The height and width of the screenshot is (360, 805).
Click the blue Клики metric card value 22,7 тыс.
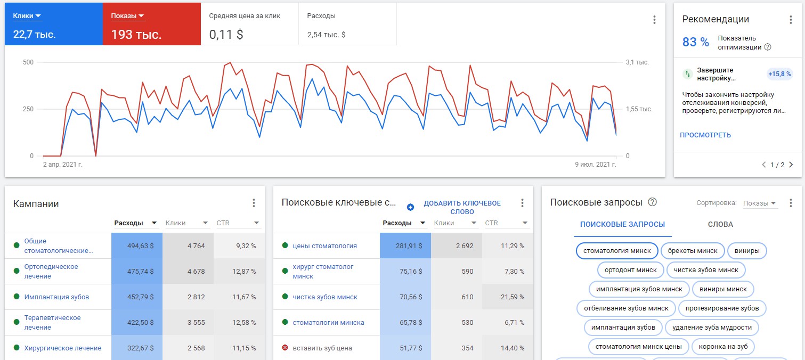coord(34,35)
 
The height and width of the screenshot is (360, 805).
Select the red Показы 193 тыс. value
coord(136,35)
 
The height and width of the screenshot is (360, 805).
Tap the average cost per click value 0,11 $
coord(226,35)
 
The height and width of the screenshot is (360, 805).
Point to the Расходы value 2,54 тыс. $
coord(326,35)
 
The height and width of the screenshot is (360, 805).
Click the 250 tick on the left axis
coord(28,109)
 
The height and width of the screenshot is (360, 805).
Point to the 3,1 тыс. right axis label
coord(637,62)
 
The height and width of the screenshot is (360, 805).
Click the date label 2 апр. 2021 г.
coord(62,165)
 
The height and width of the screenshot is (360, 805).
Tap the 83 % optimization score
coord(695,42)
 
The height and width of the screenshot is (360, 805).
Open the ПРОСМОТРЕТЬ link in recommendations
coord(705,135)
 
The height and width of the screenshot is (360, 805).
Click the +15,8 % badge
coord(779,74)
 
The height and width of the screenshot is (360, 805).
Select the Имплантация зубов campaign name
coord(57,297)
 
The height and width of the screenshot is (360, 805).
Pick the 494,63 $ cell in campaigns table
coord(141,246)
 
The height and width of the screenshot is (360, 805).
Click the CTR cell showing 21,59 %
coord(513,297)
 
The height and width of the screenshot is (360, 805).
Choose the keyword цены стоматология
coord(324,246)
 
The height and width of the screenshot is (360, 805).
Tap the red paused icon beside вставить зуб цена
coord(285,347)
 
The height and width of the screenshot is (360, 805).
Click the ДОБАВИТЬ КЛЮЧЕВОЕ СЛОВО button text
coord(462,207)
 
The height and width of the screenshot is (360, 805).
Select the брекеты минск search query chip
coord(692,251)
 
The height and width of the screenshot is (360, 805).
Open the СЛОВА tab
coord(720,224)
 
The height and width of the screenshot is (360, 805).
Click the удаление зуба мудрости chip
coord(712,328)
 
